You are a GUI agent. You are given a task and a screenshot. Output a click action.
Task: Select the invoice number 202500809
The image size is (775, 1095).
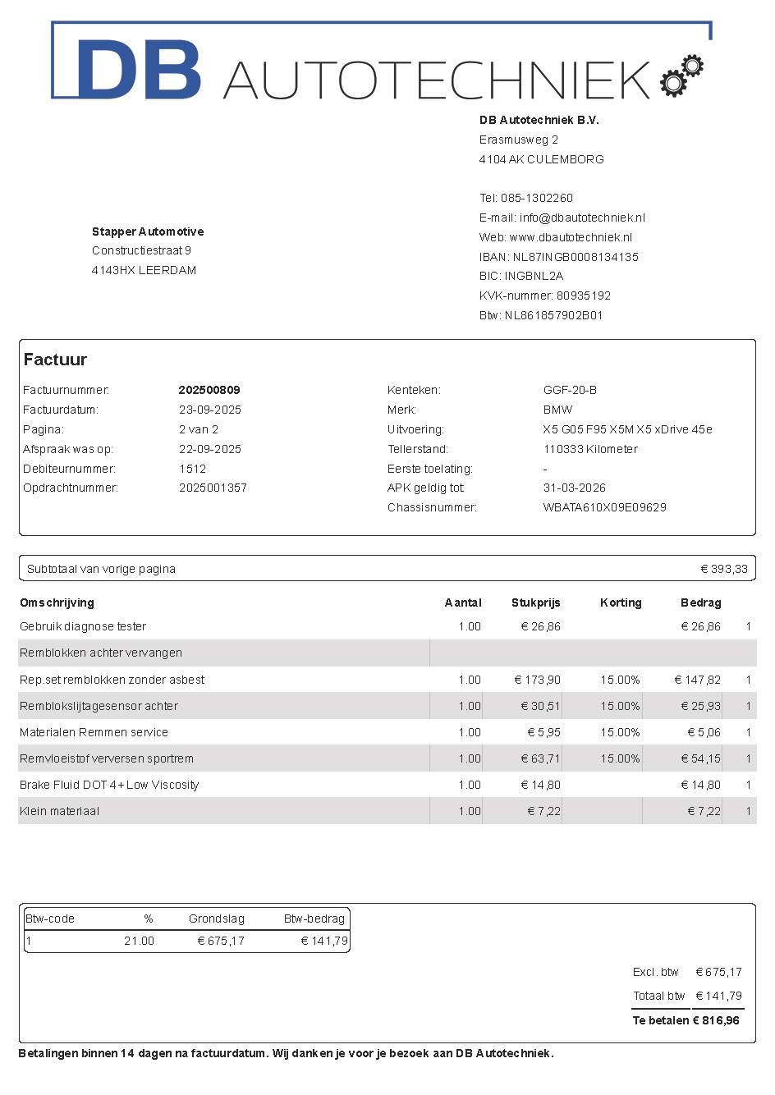click(209, 390)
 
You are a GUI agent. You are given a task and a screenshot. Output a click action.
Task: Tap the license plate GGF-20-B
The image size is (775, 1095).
click(570, 390)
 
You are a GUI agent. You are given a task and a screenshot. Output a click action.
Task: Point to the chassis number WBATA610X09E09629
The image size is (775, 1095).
click(604, 507)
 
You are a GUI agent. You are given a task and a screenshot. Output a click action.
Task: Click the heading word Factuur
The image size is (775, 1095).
click(55, 360)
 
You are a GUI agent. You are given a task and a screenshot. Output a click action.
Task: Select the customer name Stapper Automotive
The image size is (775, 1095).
click(148, 231)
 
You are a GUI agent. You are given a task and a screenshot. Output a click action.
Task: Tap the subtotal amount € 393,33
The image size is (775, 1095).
click(724, 569)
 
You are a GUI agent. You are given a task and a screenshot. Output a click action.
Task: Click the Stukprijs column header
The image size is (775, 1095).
click(535, 602)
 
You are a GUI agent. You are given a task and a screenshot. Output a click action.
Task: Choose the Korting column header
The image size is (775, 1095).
click(621, 602)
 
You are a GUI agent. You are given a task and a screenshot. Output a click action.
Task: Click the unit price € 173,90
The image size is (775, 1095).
click(538, 680)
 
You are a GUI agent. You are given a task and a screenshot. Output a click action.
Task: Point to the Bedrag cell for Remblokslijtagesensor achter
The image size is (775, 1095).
click(700, 706)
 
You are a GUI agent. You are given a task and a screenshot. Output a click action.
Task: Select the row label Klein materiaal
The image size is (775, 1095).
click(59, 811)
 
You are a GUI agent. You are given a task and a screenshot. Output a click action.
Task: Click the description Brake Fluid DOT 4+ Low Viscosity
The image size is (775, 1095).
click(109, 785)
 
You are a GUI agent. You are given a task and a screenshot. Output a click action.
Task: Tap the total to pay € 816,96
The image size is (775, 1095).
click(716, 1020)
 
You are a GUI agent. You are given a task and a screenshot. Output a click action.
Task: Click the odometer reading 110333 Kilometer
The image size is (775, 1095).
click(590, 449)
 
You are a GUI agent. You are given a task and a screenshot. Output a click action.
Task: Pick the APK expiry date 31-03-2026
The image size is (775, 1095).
click(574, 488)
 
